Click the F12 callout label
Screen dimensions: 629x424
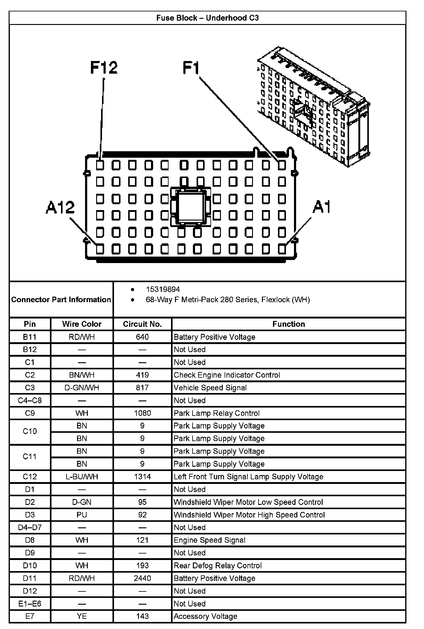pos(104,67)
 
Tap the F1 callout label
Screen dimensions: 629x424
pos(191,67)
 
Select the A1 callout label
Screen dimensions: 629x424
pos(321,207)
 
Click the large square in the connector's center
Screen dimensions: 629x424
pos(190,206)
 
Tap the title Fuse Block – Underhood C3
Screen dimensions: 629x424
pos(207,18)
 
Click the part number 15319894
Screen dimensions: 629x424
pos(163,289)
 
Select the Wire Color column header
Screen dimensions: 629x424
pos(82,324)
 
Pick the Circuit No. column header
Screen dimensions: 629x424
pos(142,324)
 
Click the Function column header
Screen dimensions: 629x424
pos(288,324)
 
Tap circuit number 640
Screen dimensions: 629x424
pos(142,337)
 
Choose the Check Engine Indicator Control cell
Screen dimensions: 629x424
pos(227,375)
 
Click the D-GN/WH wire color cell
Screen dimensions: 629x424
pos(82,388)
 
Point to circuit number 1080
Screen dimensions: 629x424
pos(142,413)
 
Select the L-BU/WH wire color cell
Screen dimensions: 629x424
pos(82,477)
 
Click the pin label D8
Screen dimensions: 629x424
pos(30,540)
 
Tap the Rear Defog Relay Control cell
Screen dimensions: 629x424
pos(218,566)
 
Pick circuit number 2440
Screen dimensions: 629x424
pos(142,578)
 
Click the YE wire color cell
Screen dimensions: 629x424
pos(82,616)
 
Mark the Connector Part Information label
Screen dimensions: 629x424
pos(61,300)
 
